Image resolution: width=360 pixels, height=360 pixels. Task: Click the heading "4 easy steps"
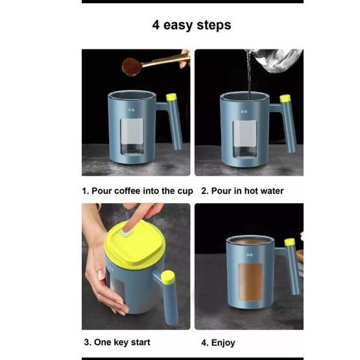[x=191, y=25]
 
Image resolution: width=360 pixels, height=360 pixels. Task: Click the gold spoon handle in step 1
[x=166, y=60]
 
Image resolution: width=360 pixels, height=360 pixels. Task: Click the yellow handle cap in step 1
[x=171, y=97]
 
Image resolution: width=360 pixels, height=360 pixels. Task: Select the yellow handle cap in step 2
[x=285, y=98]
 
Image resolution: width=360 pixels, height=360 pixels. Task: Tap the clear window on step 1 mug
[x=132, y=137]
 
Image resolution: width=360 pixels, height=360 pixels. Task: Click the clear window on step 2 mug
[x=245, y=139]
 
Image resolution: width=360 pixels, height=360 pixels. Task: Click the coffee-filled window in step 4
[x=250, y=282]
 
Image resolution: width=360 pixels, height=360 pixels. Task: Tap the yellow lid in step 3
[x=134, y=244]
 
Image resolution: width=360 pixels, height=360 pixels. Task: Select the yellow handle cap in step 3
[x=168, y=277]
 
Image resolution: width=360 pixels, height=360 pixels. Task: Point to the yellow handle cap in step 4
[x=289, y=242]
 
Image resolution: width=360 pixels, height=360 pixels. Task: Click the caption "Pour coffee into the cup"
[x=142, y=191]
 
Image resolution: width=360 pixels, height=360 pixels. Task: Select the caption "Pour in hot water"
[x=247, y=191]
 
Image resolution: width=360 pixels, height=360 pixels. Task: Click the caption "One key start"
[x=122, y=342]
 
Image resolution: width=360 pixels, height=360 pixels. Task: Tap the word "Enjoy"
[x=223, y=342]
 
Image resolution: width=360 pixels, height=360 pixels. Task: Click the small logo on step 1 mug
[x=131, y=110]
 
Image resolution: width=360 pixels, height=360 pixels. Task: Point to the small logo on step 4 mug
[x=250, y=255]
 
